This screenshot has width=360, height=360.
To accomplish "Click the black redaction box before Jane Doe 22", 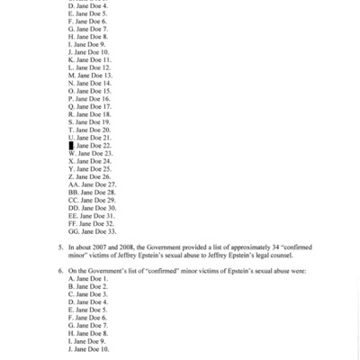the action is pyautogui.click(x=71, y=145).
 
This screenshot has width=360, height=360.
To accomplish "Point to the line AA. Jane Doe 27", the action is pyautogui.click(x=93, y=184).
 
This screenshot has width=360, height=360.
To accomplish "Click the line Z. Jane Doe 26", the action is pyautogui.click(x=89, y=176).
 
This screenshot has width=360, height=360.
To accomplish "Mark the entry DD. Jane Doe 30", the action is pyautogui.click(x=93, y=208).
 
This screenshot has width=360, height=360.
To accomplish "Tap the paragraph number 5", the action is pyautogui.click(x=60, y=246).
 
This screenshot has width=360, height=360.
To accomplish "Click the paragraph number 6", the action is pyautogui.click(x=60, y=270).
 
